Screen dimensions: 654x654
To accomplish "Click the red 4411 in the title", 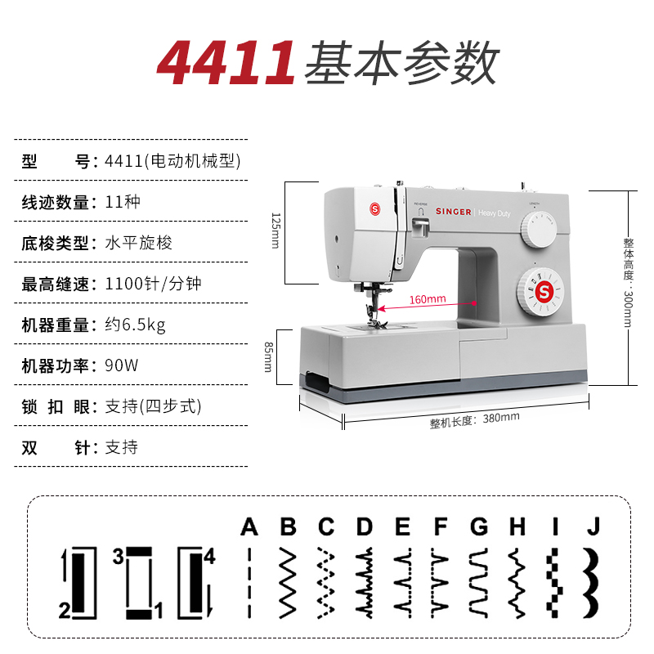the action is coord(226,63).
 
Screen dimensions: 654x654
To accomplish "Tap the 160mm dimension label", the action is coord(428,299).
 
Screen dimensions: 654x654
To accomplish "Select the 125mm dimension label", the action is coord(275,231).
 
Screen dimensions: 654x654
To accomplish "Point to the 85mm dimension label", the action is coord(269,357).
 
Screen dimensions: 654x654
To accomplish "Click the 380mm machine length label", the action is coord(475,419).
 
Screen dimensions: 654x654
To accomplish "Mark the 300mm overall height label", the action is coord(628,282).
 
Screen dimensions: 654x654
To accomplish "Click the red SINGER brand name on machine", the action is coord(454,212).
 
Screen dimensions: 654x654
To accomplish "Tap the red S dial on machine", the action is coord(540,292).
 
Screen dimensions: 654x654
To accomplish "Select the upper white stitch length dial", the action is coord(539,229).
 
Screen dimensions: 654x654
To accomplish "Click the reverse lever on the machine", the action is coord(420,226).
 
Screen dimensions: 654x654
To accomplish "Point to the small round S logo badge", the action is coord(374,209).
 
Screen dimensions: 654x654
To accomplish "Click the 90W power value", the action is coord(121,365).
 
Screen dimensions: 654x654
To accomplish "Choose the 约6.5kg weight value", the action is coord(135,325).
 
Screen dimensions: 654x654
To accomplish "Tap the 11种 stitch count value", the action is coord(122,202).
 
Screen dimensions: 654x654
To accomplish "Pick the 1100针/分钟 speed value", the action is coord(153,284).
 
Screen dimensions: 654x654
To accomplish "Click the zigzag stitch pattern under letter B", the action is coord(288,582).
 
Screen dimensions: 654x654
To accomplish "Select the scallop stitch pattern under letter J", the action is coord(591,582).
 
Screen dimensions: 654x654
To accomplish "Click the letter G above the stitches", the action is coord(479,526).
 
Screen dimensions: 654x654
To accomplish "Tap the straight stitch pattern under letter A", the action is coord(249,582).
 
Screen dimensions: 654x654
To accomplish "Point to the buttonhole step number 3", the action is coord(119,557).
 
